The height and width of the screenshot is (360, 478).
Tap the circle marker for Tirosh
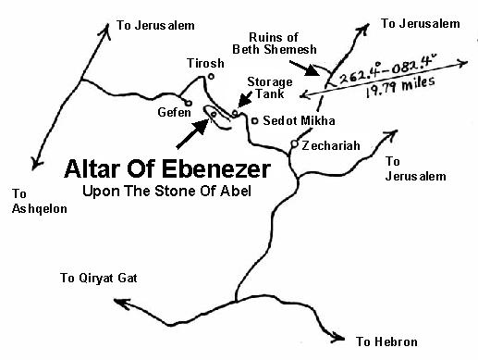click(x=212, y=76)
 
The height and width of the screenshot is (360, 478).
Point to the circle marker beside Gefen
click(x=188, y=103)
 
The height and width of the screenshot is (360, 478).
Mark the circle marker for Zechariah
click(x=294, y=143)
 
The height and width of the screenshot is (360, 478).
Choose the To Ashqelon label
click(x=34, y=201)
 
